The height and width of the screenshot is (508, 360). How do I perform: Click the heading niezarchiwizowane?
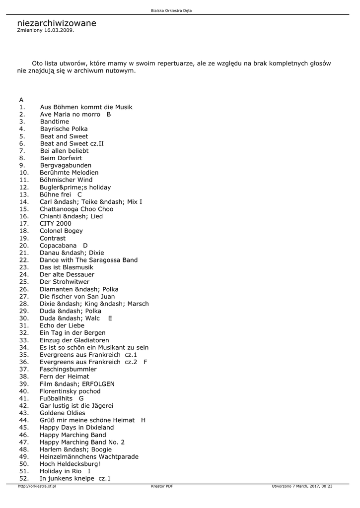(57, 23)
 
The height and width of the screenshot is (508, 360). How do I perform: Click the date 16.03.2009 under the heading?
(59, 30)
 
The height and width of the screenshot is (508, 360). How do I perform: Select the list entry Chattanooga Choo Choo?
(76, 209)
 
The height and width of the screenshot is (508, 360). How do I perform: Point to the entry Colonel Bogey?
(61, 231)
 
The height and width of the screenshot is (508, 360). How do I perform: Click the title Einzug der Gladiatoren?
(74, 340)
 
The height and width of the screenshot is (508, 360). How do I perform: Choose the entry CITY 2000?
(56, 223)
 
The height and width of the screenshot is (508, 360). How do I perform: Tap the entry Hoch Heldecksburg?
(70, 464)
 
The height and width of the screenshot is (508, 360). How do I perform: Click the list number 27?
(24, 296)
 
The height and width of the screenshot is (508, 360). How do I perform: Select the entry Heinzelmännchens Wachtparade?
(89, 456)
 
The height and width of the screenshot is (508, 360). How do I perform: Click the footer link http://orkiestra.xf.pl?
(37, 487)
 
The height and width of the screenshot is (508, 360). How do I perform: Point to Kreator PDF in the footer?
(162, 487)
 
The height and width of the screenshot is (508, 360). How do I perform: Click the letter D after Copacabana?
(85, 246)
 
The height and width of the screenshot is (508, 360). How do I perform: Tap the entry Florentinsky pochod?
(70, 391)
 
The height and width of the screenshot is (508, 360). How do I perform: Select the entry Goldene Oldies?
(63, 413)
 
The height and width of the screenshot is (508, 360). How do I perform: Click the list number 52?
(24, 478)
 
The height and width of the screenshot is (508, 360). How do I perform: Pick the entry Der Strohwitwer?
(65, 282)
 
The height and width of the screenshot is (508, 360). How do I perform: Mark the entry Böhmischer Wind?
(66, 180)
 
